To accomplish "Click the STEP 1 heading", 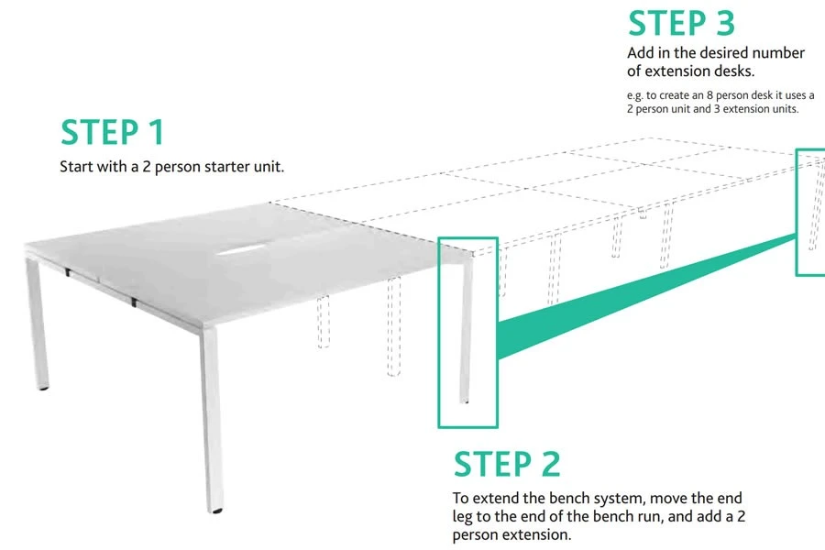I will tap(112, 132).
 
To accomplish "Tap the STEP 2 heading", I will tap(507, 464).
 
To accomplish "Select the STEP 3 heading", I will tap(680, 23).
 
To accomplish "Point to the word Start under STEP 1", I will tap(78, 167).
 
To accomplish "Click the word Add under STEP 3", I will tap(641, 52).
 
